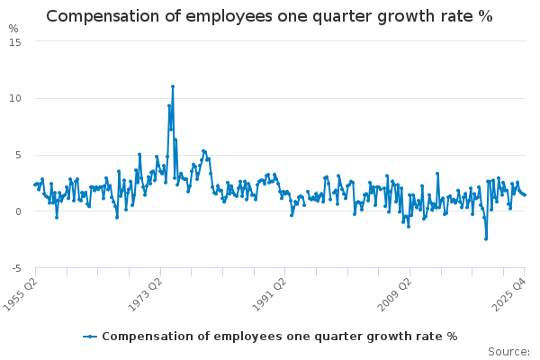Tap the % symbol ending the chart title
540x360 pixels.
[485, 16]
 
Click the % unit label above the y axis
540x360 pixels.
[13, 29]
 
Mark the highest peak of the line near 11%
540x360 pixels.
[173, 86]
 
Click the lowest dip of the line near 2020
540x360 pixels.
[486, 238]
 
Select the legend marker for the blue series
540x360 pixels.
[90, 337]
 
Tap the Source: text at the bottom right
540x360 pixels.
[510, 352]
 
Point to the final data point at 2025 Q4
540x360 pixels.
[526, 195]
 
